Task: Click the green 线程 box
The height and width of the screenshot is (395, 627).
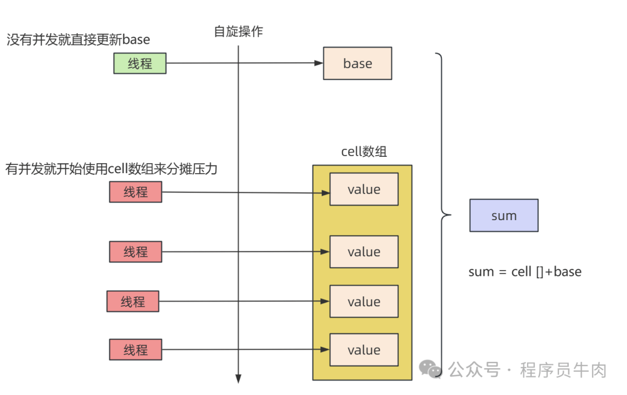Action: pyautogui.click(x=139, y=63)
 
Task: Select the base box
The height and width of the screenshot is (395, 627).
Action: pyautogui.click(x=357, y=63)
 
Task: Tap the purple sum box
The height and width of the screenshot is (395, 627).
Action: pyautogui.click(x=503, y=216)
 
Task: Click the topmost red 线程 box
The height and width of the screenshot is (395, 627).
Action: pyautogui.click(x=135, y=192)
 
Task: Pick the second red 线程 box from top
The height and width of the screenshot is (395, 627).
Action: pyautogui.click(x=135, y=252)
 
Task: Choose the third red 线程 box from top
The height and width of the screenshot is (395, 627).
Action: pyautogui.click(x=132, y=301)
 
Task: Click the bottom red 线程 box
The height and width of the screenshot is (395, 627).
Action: pyautogui.click(x=135, y=350)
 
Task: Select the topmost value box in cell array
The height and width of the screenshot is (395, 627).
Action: pyautogui.click(x=363, y=189)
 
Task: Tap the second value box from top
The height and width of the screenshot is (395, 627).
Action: pyautogui.click(x=363, y=252)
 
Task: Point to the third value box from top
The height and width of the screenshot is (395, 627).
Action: pyautogui.click(x=363, y=301)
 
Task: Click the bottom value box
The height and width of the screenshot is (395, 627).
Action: pyautogui.click(x=363, y=350)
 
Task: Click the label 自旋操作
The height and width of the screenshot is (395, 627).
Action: pyautogui.click(x=238, y=31)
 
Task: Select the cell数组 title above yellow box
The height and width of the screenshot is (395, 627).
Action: pyautogui.click(x=363, y=152)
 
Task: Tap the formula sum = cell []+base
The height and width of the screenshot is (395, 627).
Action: pyautogui.click(x=524, y=271)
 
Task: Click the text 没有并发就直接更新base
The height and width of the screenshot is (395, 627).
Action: pyautogui.click(x=78, y=39)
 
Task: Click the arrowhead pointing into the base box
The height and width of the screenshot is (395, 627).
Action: pyautogui.click(x=319, y=63)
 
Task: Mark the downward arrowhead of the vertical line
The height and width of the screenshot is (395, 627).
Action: pyautogui.click(x=238, y=379)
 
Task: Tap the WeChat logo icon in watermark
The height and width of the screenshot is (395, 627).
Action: pyautogui.click(x=431, y=369)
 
